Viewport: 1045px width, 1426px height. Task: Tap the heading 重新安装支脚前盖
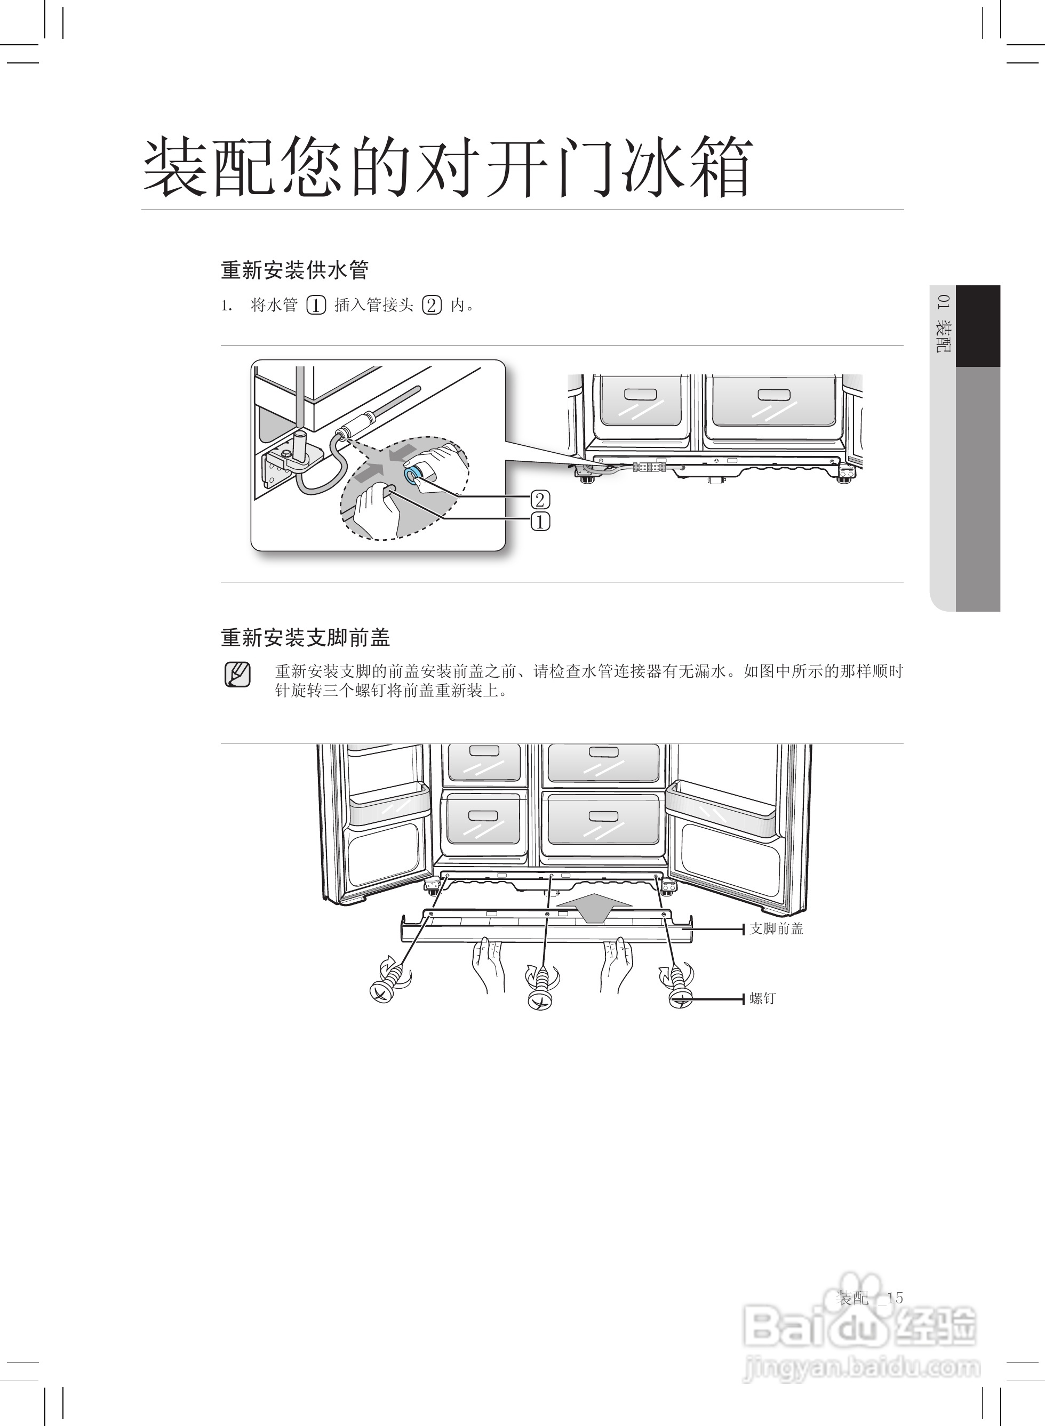coord(306,637)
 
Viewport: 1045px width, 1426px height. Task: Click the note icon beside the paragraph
coord(237,675)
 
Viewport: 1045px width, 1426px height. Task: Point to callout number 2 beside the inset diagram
coord(540,500)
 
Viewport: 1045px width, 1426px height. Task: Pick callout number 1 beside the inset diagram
coord(540,522)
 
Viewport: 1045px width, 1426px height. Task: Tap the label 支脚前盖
coord(776,928)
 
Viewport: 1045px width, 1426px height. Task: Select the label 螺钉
coord(762,998)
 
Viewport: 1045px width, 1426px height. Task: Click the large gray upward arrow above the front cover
coord(595,908)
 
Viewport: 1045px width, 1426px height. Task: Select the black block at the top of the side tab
coord(977,326)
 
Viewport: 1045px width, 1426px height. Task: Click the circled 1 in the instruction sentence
coord(316,306)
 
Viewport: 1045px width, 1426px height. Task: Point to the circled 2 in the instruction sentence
coord(432,306)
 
